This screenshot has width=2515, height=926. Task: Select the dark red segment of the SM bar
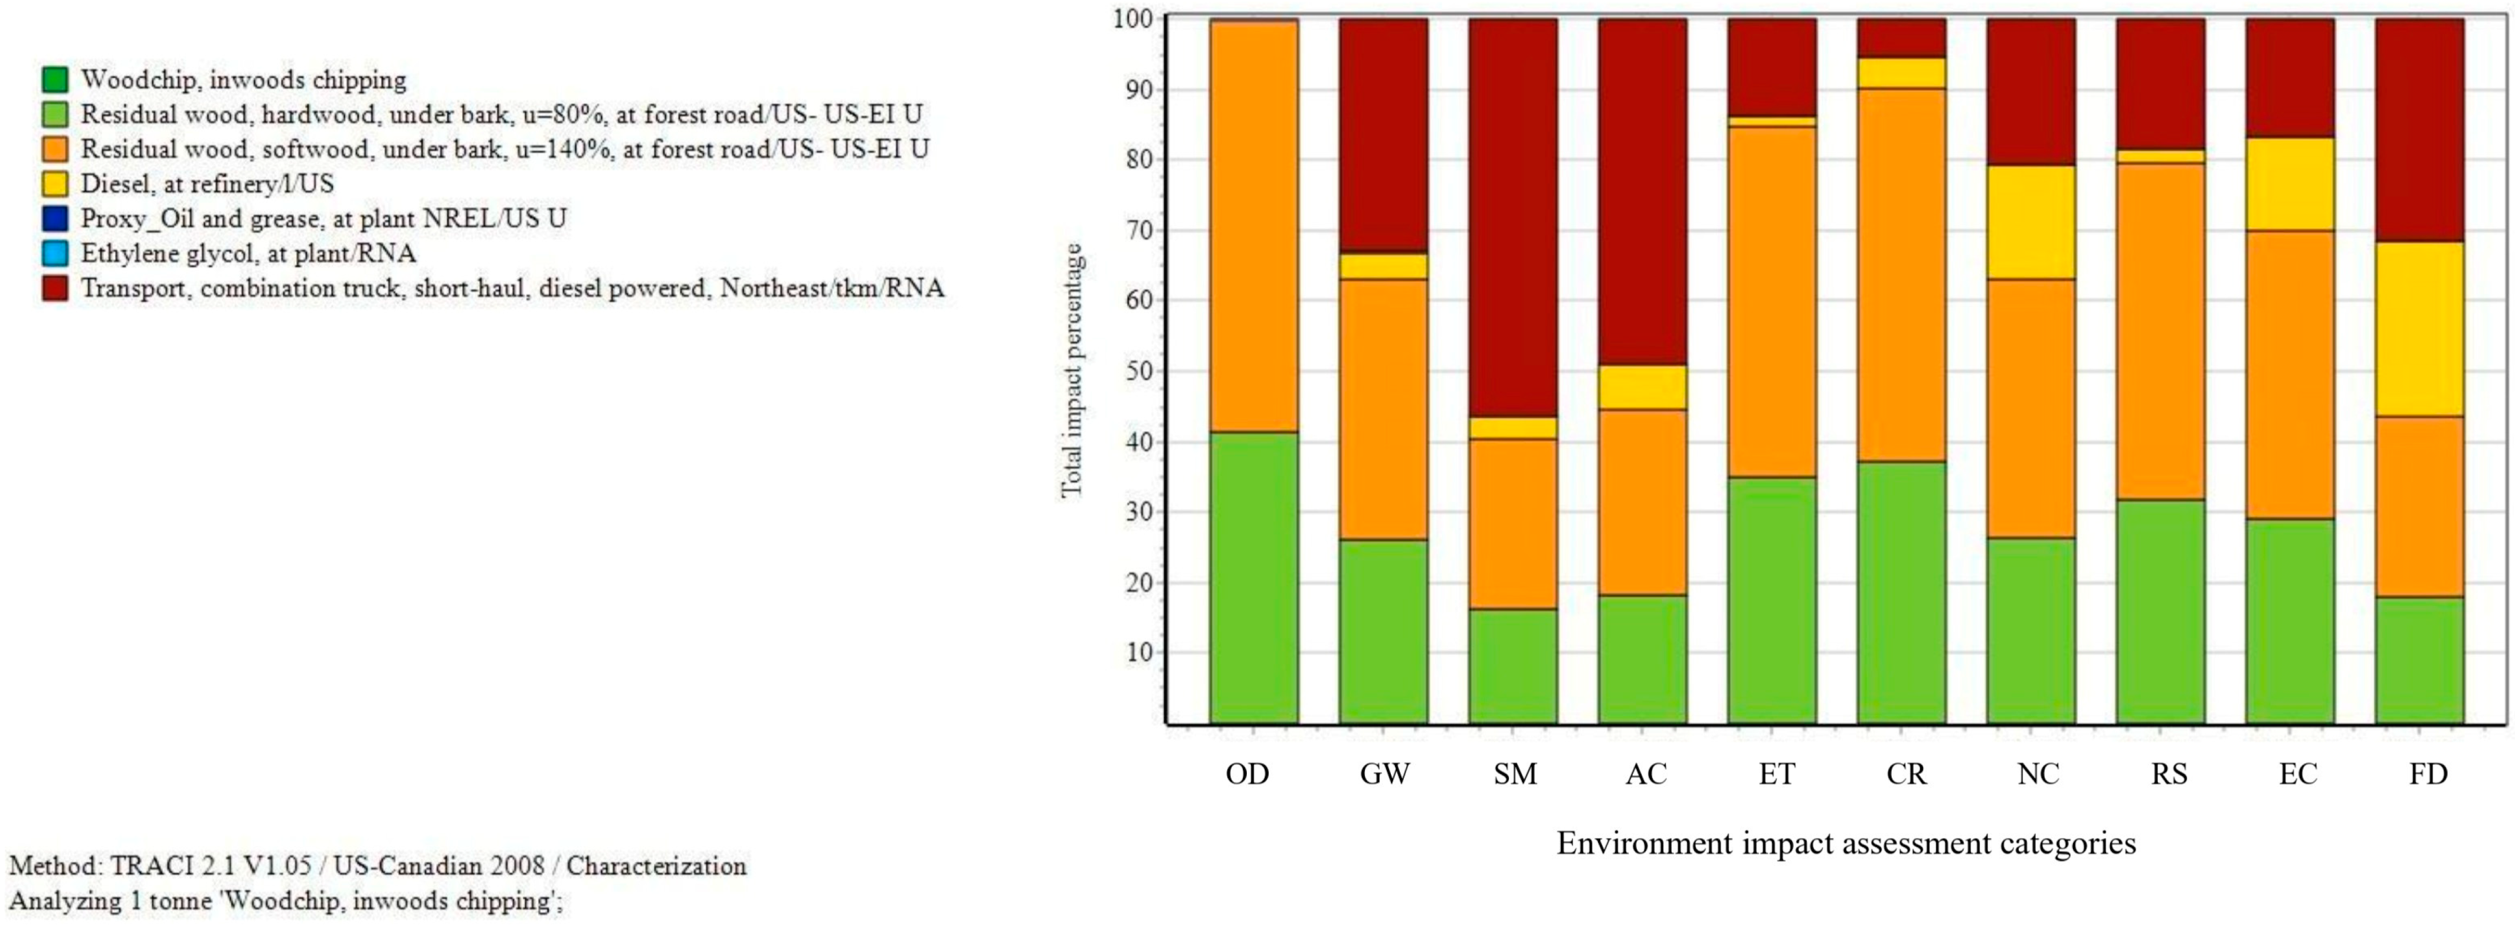[x=1513, y=218]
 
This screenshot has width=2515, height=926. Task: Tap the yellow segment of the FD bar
[x=2419, y=329]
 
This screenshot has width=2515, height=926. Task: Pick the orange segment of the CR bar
[x=1902, y=275]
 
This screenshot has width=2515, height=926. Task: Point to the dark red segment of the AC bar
[x=1642, y=191]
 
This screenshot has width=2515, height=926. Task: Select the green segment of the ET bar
[x=1772, y=600]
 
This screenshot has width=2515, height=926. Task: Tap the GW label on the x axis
[x=1384, y=774]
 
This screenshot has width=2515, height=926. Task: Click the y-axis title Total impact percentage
[x=1072, y=371]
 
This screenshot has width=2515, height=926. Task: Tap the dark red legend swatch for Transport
[x=55, y=289]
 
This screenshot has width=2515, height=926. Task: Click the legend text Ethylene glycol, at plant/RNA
[x=248, y=254]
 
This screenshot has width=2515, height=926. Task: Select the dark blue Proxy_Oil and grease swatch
[x=55, y=219]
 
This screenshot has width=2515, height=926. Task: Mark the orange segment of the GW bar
[x=1383, y=410]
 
